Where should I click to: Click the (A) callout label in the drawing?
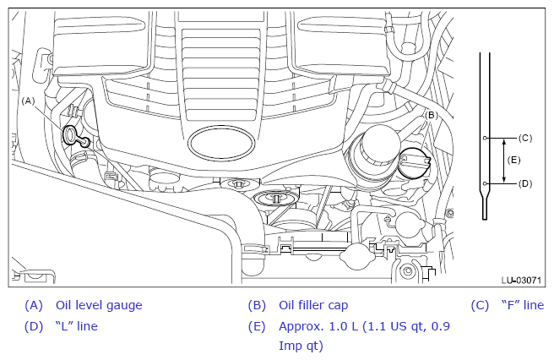pos(28,101)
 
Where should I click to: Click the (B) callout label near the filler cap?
pos(431,115)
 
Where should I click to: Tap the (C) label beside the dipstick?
pos(525,138)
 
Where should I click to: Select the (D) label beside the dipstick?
pos(525,183)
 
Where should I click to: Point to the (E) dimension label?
pos(513,161)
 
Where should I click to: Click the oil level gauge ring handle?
pos(69,134)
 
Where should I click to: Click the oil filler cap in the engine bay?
pos(415,162)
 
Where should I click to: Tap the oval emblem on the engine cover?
pos(221,143)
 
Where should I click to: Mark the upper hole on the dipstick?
pos(485,138)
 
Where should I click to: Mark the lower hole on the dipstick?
pos(485,183)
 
